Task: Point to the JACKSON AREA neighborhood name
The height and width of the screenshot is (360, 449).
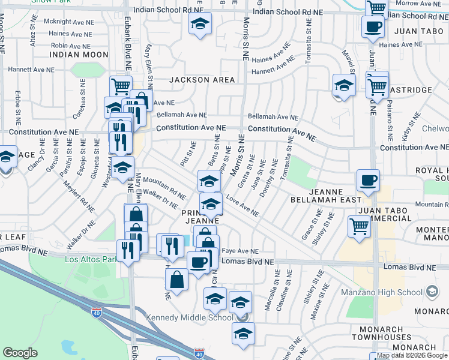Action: [x=197, y=79]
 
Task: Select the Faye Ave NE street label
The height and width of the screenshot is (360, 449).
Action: [x=240, y=251]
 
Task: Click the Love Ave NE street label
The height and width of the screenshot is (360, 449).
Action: [x=243, y=207]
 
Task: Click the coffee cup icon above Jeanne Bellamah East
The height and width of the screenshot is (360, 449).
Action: [x=368, y=179]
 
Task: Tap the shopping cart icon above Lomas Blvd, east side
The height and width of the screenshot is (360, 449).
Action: [x=359, y=226]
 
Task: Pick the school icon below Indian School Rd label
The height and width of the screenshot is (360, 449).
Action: [x=199, y=25]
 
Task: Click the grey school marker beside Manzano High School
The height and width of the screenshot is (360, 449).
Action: [x=432, y=292]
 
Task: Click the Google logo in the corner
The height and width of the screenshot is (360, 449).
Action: [x=20, y=352]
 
